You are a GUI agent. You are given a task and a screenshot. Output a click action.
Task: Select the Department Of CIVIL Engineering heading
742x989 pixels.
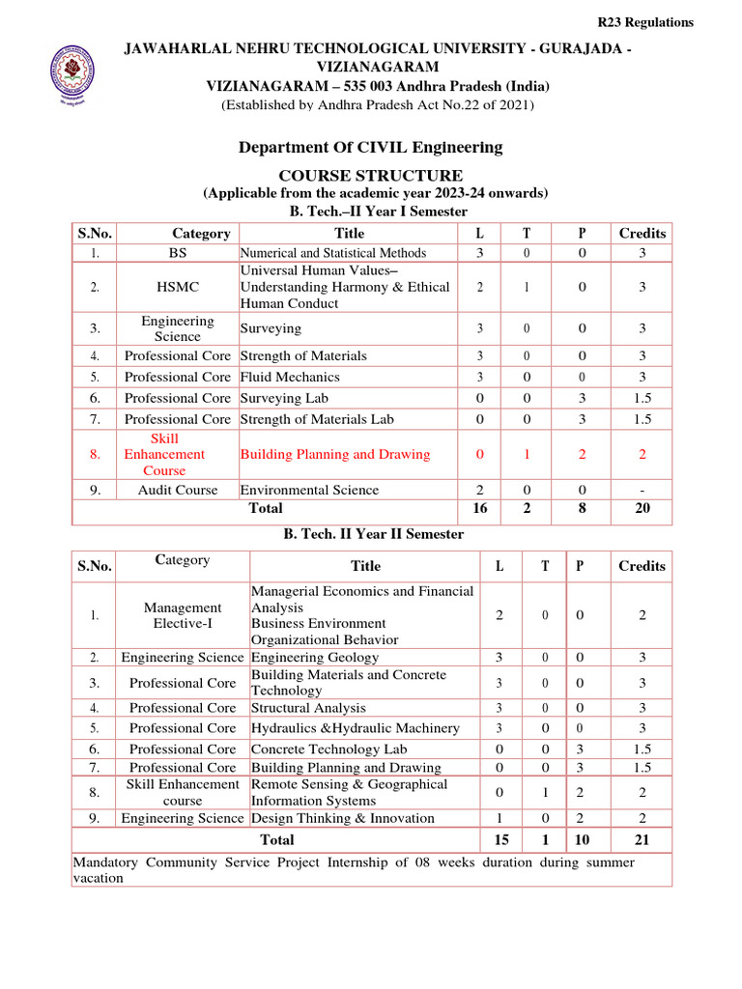(371, 148)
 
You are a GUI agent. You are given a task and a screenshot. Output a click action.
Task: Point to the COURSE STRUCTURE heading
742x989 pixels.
(371, 176)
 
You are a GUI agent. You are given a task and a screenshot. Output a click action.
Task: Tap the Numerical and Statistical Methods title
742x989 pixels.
(333, 253)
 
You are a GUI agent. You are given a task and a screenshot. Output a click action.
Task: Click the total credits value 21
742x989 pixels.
(642, 840)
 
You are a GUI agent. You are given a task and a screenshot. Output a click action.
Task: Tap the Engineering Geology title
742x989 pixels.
(314, 658)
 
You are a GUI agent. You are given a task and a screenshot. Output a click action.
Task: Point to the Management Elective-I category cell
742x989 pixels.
(182, 615)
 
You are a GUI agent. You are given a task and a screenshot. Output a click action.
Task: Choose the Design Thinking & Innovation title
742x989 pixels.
(342, 818)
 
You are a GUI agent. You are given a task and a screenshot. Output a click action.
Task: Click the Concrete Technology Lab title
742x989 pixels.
(328, 749)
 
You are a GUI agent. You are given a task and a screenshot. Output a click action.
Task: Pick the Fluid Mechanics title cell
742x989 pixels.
(290, 377)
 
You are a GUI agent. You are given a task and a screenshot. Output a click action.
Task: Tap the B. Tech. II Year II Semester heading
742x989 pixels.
(373, 534)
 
